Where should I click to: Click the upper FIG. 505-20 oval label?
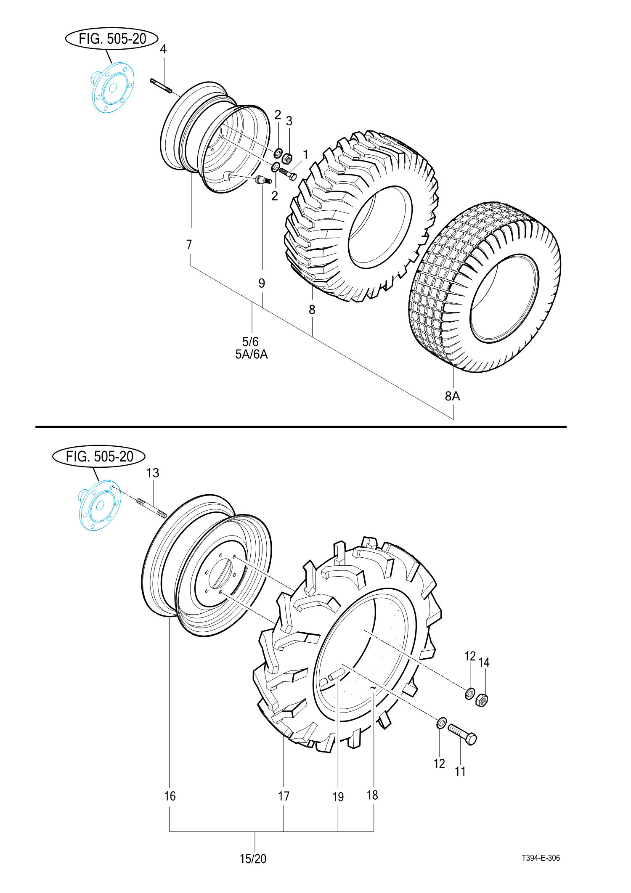112,39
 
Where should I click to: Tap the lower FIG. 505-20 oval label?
99,456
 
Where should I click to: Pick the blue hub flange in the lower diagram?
100,505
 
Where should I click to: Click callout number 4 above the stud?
163,49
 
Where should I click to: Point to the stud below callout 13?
151,508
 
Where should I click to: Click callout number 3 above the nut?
289,121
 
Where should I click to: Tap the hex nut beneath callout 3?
287,159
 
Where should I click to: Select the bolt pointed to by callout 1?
288,173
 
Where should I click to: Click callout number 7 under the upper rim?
189,244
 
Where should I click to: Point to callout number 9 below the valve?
262,283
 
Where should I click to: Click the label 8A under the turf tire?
453,396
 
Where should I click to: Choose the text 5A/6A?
252,355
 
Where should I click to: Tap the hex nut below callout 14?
482,700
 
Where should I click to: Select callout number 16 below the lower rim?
170,796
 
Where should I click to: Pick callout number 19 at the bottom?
338,797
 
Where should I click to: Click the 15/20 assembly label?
253,859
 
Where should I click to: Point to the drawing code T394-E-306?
541,858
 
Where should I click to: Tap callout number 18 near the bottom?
372,795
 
